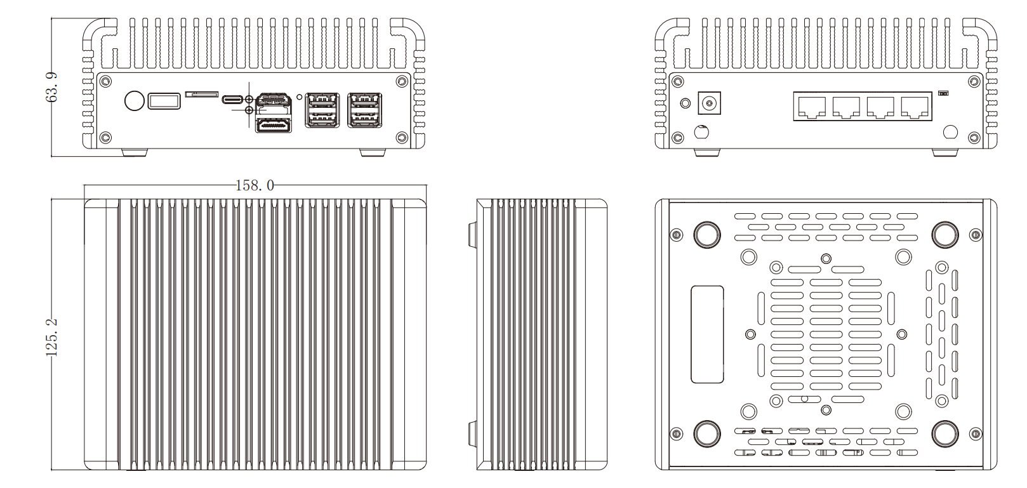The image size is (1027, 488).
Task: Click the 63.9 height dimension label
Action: [x=53, y=87]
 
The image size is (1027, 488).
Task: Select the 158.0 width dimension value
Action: [x=255, y=185]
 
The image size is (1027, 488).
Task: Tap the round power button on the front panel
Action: [x=134, y=100]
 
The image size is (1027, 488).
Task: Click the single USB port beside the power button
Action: [x=164, y=101]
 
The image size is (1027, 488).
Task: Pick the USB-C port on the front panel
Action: [x=233, y=100]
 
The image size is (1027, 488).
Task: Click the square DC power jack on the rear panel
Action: [x=709, y=103]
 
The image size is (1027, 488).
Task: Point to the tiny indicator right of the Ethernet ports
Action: [x=943, y=94]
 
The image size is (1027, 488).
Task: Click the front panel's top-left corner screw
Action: [x=105, y=81]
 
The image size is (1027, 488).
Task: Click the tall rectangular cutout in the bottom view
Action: [x=707, y=334]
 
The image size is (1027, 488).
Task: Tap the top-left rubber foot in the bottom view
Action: [x=706, y=235]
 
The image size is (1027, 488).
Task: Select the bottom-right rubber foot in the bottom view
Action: [x=944, y=434]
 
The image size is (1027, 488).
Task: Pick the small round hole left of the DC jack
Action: [x=685, y=103]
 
